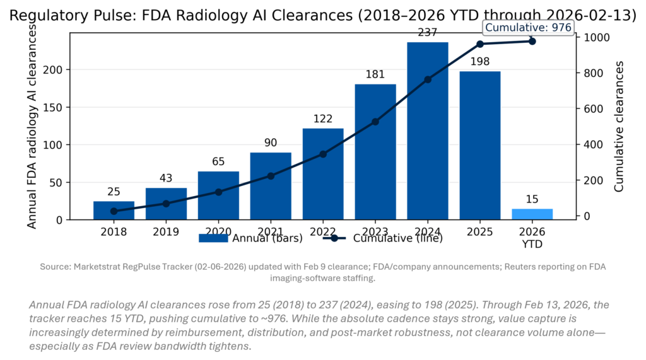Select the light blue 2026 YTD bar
532,214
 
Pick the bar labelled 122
323,173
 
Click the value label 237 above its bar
428,33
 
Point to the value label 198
480,62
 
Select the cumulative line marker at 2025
480,44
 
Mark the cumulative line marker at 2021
271,176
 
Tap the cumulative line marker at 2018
114,211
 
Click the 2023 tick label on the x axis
375,231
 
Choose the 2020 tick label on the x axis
218,231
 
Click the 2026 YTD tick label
532,237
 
